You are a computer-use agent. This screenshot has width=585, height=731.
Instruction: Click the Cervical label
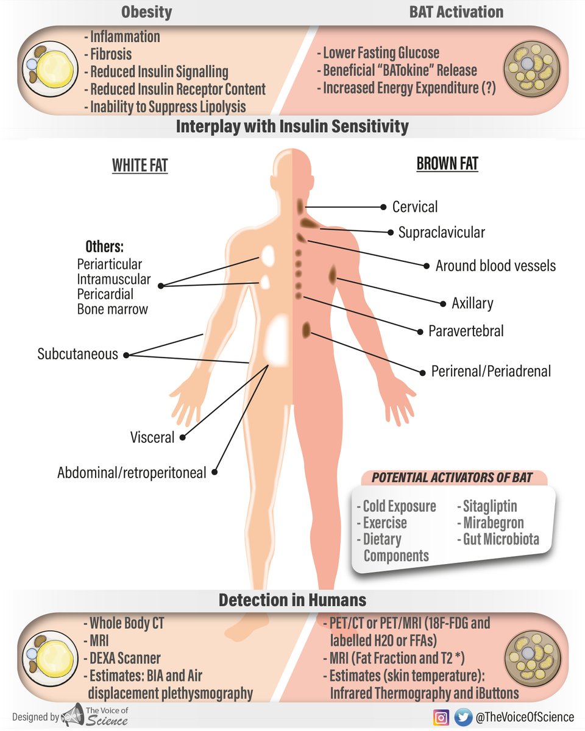click(414, 207)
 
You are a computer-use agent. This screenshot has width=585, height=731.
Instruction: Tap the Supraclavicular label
click(441, 232)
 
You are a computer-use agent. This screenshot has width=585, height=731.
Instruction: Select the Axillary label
click(472, 303)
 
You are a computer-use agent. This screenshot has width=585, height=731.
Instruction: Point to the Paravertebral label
click(466, 331)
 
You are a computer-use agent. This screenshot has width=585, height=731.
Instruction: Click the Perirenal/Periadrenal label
click(491, 370)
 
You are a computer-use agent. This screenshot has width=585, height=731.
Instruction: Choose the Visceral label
click(152, 437)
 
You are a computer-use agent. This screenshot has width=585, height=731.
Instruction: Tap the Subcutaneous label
click(77, 354)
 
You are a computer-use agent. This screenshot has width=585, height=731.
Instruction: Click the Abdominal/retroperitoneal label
click(132, 473)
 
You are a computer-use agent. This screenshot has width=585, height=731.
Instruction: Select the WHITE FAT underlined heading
click(140, 165)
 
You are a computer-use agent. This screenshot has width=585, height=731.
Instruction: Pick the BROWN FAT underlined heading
click(447, 164)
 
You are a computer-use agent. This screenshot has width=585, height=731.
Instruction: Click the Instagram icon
click(441, 717)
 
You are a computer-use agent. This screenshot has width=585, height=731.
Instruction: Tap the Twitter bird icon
click(463, 717)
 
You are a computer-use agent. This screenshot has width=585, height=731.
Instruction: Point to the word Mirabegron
click(492, 523)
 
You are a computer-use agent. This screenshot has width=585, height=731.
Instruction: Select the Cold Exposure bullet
click(396, 506)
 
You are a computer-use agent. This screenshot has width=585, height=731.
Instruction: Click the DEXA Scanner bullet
click(122, 658)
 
